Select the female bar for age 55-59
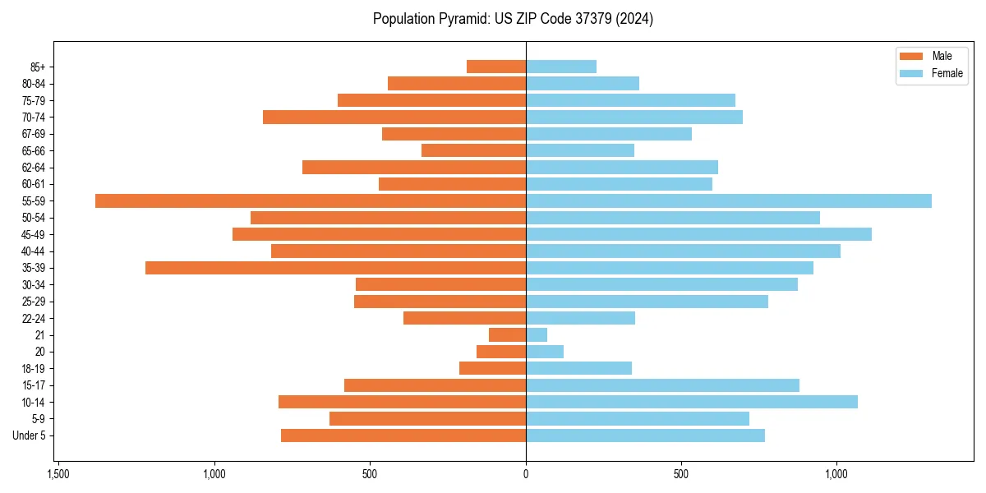pos(729,201)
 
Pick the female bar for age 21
pos(537,334)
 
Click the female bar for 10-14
pos(692,402)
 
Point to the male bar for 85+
pos(496,67)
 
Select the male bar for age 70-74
pos(394,117)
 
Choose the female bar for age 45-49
pos(698,234)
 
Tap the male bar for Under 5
pos(403,435)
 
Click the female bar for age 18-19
pos(578,368)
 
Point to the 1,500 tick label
pos(58,474)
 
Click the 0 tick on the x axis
pos(526,474)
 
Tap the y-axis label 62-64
pos(34,168)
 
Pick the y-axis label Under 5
pos(30,435)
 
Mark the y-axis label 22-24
pos(34,318)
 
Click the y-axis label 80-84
pos(34,84)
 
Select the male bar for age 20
pos(501,352)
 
